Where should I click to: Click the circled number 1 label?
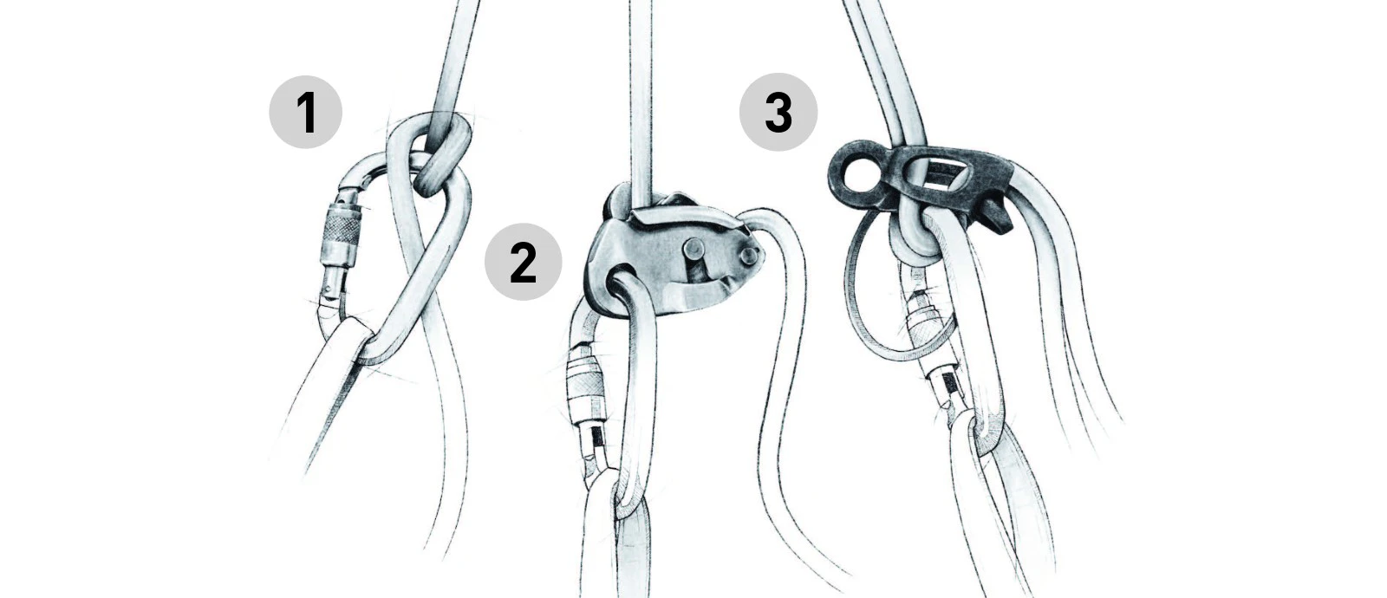[x=305, y=112]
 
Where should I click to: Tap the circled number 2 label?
[x=524, y=262]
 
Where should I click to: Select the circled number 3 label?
[x=778, y=112]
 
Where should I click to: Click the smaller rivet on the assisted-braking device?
[x=749, y=255]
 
